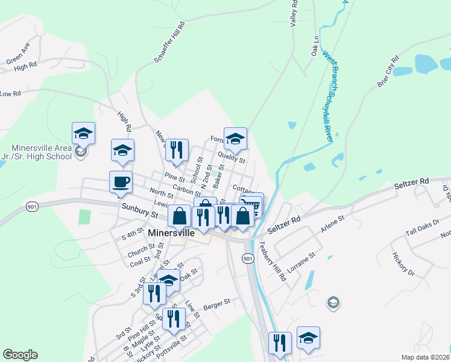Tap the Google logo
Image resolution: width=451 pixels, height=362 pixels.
(x=20, y=355)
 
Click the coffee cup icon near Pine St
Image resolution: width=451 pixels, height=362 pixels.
(x=121, y=182)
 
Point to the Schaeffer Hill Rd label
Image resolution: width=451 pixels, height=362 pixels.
(x=169, y=43)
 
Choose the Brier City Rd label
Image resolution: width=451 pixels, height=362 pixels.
(x=388, y=72)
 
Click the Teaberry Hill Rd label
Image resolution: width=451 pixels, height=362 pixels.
(x=272, y=261)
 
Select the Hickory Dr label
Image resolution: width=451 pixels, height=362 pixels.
(x=403, y=264)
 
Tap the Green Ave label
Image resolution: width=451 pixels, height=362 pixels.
(x=18, y=54)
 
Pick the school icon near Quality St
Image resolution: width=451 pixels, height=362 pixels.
(x=235, y=138)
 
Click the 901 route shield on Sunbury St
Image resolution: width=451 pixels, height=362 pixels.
(x=32, y=206)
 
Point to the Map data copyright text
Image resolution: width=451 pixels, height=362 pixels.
(x=426, y=357)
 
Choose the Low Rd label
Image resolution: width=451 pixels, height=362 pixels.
(x=11, y=94)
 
